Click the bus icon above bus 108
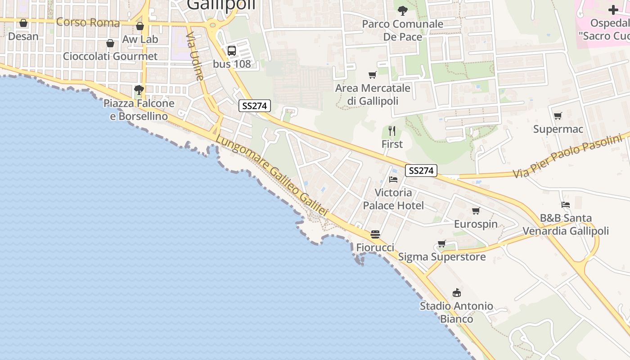(x=232, y=51)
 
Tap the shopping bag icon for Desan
(x=23, y=23)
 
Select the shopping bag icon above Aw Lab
(x=140, y=26)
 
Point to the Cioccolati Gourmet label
(x=110, y=56)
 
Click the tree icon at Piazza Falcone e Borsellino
(x=139, y=90)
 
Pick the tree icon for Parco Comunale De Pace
(x=403, y=10)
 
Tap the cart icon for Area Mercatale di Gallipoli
(x=372, y=75)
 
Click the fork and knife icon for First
(x=392, y=131)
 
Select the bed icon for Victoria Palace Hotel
(x=393, y=180)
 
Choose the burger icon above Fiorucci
(x=375, y=234)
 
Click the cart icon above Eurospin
(x=476, y=211)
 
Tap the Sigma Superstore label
(x=442, y=257)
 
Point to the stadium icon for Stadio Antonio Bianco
(x=457, y=293)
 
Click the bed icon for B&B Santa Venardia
(x=566, y=205)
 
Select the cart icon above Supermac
(x=558, y=116)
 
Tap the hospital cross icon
(x=613, y=10)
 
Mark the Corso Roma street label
(x=88, y=22)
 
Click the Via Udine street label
(x=195, y=56)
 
